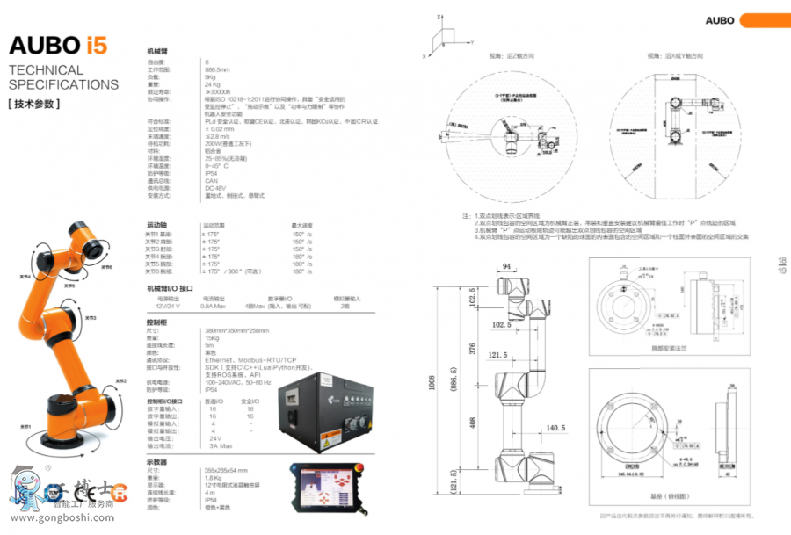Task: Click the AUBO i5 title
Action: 58,46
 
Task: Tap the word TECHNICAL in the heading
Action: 46,70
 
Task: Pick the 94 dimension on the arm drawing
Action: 506,268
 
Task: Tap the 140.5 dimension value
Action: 556,428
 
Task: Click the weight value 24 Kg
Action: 213,84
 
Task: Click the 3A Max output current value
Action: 220,446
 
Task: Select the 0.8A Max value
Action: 214,307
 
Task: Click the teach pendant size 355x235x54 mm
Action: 225,471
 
